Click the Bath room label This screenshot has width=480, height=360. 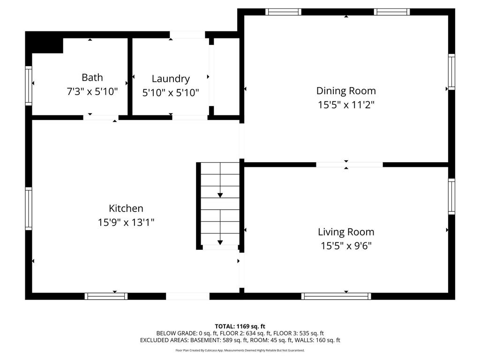tap(92, 77)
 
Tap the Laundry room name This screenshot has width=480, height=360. tap(171, 79)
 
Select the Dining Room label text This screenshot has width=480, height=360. tap(346, 91)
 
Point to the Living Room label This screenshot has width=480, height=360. tap(346, 232)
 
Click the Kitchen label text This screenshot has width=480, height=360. tap(126, 208)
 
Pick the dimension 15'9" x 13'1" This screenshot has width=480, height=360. tap(126, 222)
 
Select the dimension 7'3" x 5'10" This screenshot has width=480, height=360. tap(92, 91)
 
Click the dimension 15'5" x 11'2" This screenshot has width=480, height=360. tap(346, 105)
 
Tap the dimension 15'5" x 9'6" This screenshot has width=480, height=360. tap(346, 246)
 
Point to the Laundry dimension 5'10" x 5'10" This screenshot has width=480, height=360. tap(171, 93)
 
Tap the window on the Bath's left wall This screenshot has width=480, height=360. tap(29, 85)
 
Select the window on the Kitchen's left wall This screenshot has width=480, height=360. tap(29, 209)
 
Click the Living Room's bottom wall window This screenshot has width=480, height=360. tap(336, 296)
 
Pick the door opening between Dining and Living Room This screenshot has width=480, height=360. tap(349, 165)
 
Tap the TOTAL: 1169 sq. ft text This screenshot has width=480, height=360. tap(240, 326)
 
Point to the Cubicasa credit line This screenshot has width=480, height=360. tap(240, 350)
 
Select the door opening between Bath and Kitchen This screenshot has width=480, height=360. tap(101, 117)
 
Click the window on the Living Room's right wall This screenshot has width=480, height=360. tap(451, 196)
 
